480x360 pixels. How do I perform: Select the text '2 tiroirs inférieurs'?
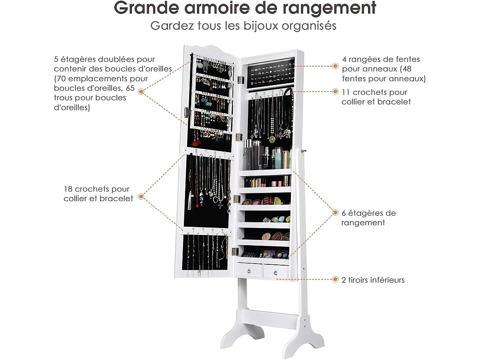click(x=373, y=280)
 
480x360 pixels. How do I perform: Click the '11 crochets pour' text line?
click(x=375, y=92)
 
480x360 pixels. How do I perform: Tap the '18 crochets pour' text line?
click(x=96, y=189)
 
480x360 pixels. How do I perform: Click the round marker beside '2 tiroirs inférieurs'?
click(x=335, y=280)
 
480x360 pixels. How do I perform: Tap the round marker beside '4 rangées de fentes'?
click(x=335, y=65)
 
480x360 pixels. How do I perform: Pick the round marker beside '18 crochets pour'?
click(x=141, y=197)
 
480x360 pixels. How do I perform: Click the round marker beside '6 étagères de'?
click(x=335, y=212)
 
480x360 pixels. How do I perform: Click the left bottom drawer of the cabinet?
click(x=250, y=270)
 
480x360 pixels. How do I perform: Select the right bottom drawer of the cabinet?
click(x=276, y=271)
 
